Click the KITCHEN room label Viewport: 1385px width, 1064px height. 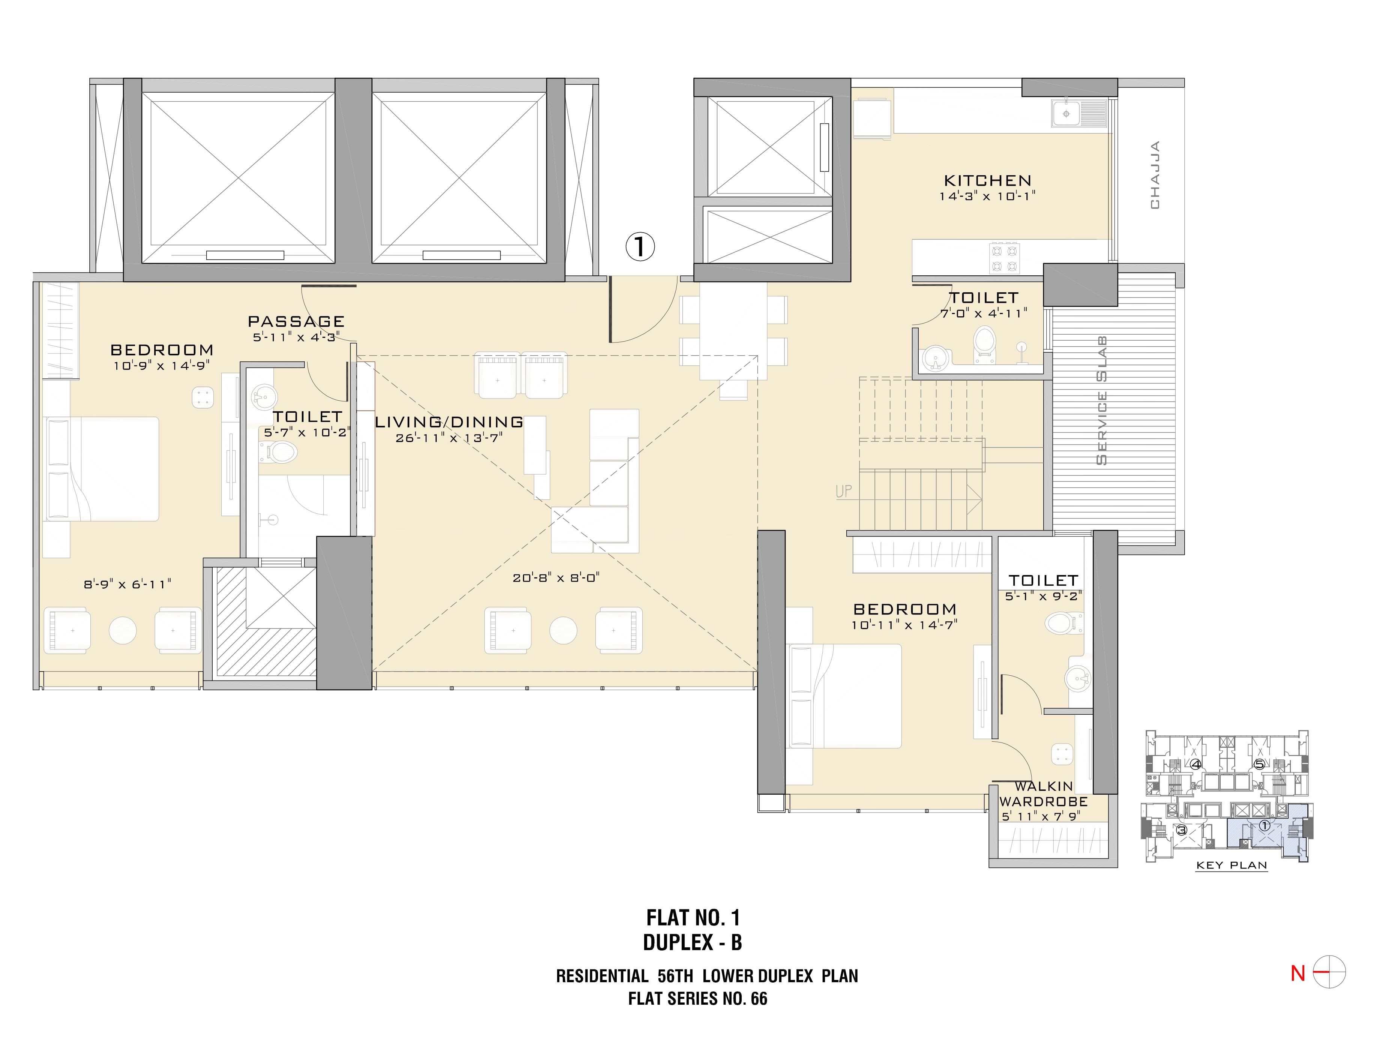[x=987, y=180]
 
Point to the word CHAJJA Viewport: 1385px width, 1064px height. [x=1155, y=175]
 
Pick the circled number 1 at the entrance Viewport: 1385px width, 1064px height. [x=640, y=246]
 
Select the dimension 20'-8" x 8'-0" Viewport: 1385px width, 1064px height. [x=556, y=578]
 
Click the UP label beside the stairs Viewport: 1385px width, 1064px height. [x=844, y=491]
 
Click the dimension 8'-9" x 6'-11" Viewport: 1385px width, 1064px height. [x=127, y=584]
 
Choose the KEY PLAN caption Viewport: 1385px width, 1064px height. [x=1231, y=865]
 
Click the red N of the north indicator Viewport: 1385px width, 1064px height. [x=1298, y=974]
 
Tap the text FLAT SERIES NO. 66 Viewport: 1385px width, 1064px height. [x=697, y=999]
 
